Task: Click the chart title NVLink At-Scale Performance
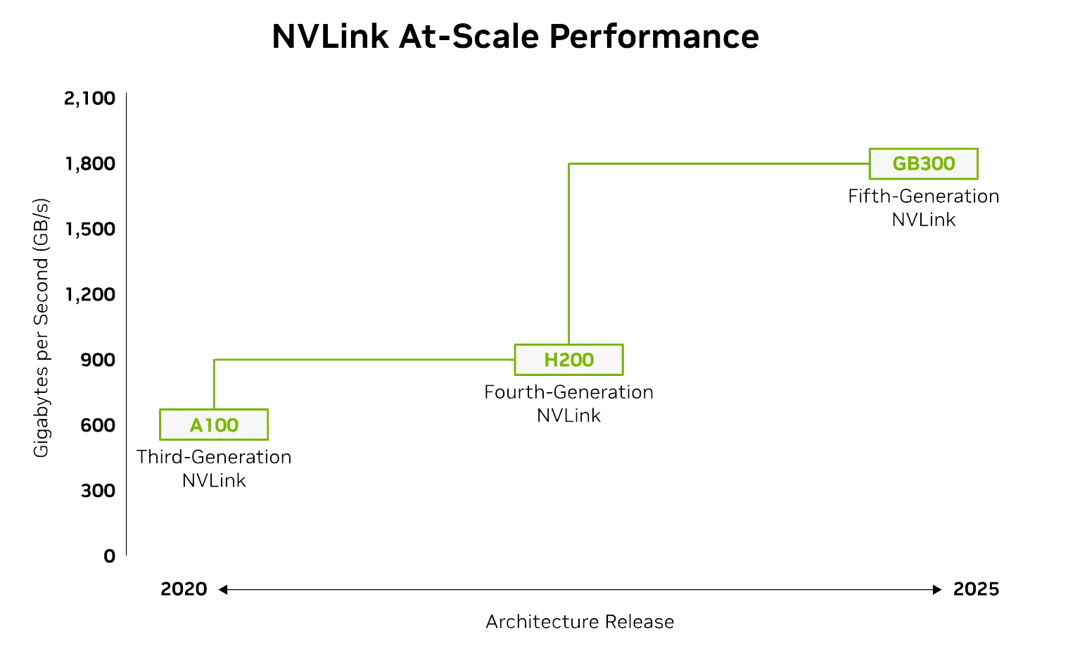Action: (x=515, y=37)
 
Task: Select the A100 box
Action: (x=214, y=425)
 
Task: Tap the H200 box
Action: (x=568, y=360)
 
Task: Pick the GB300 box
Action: (x=923, y=163)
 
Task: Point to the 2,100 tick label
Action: (x=90, y=98)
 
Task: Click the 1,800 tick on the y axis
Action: (x=90, y=163)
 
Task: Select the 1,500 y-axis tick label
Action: (x=90, y=229)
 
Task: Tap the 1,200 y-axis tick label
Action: (x=90, y=294)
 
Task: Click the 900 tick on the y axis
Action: (x=98, y=360)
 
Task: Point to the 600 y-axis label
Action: (x=98, y=425)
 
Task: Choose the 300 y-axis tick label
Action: (x=98, y=491)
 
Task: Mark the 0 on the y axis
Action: (x=109, y=556)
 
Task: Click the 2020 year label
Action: (x=184, y=589)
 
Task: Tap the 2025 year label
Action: (x=976, y=589)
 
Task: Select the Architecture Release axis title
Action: (x=580, y=622)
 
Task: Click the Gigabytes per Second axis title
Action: (x=42, y=327)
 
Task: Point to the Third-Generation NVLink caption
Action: (x=214, y=468)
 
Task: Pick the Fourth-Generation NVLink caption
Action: (x=568, y=403)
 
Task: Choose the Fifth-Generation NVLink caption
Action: (x=923, y=208)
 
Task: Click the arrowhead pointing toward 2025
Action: (x=937, y=589)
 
